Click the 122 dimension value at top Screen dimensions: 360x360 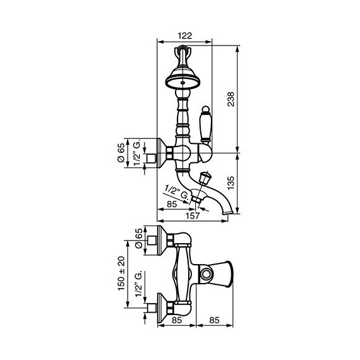click(x=185, y=36)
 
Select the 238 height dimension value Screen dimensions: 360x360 click(x=231, y=99)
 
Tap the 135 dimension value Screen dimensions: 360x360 click(x=231, y=183)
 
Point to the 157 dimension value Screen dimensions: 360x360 click(x=193, y=216)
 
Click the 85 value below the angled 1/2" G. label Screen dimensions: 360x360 click(x=172, y=204)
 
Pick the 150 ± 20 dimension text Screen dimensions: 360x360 click(x=121, y=273)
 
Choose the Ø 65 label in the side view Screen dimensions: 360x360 click(x=121, y=153)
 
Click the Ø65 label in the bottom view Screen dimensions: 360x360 click(x=139, y=238)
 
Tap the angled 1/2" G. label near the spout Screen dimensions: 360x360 click(x=177, y=192)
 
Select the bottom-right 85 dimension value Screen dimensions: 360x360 click(x=214, y=320)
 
